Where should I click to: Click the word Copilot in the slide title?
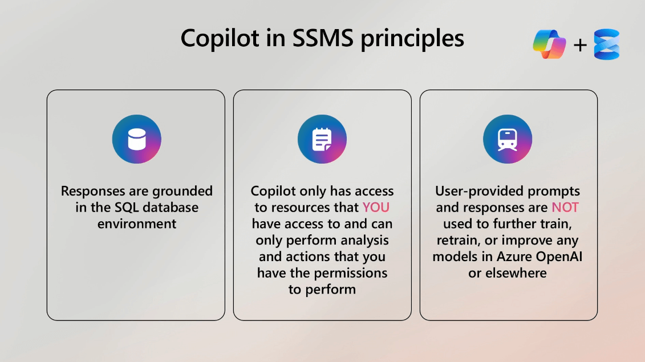(220, 38)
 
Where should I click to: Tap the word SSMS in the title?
(323, 38)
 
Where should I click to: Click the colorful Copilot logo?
(549, 44)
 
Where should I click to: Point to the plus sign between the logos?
(580, 45)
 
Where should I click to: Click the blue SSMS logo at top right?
(607, 44)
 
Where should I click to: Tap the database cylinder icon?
(136, 139)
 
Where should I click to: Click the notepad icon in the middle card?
(322, 139)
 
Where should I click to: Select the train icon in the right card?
(508, 139)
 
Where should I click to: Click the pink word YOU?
(376, 208)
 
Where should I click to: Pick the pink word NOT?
(565, 208)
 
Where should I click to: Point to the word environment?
(137, 224)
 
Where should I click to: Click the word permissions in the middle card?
(351, 274)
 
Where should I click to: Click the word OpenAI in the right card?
(560, 257)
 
